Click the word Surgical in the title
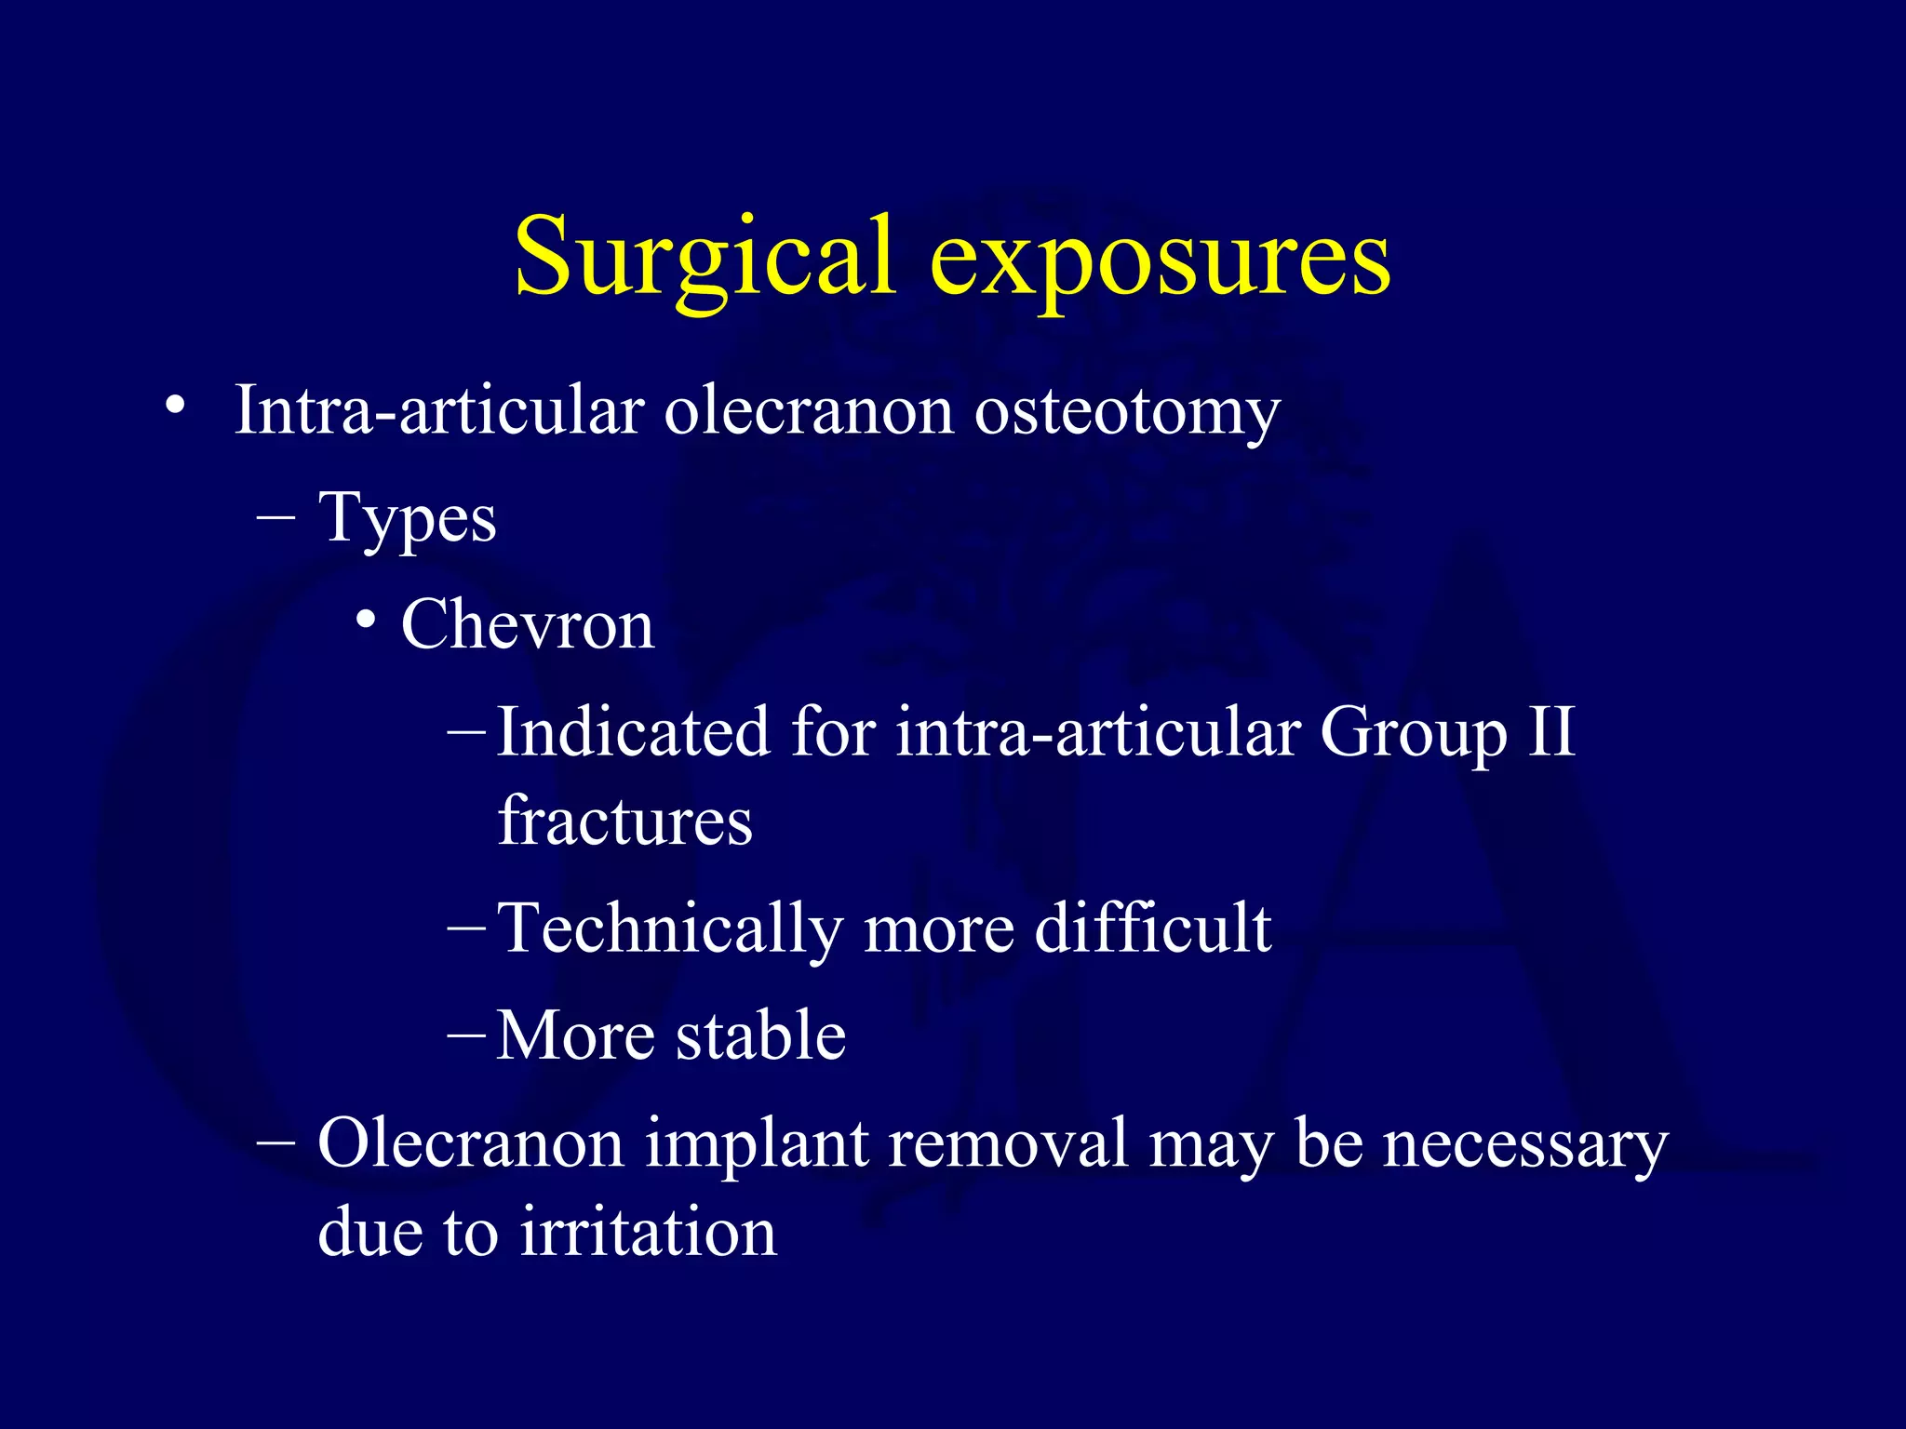pos(705,258)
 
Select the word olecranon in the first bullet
pos(809,410)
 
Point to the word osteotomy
pos(1127,410)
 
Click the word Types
pos(408,519)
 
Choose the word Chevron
pos(528,625)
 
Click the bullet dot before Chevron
pos(366,620)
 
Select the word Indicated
pos(633,732)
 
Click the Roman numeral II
pos(1550,732)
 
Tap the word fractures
pos(625,821)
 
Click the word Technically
pos(668,929)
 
